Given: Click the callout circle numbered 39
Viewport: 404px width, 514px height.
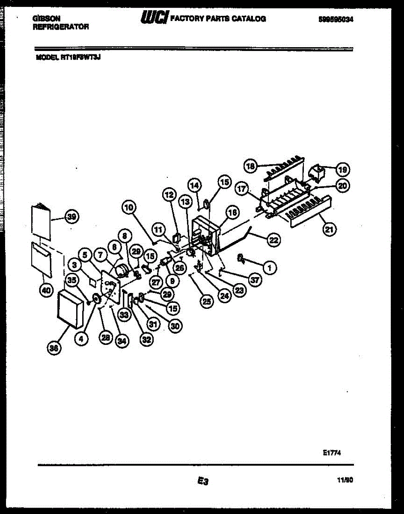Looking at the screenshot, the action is (x=71, y=217).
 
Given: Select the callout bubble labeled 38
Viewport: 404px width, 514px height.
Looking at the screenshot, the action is (x=54, y=348).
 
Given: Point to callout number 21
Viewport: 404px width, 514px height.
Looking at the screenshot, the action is (x=328, y=229).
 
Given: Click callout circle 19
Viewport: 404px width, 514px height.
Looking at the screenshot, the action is (x=342, y=169).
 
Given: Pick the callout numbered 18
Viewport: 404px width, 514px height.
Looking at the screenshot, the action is (x=250, y=165).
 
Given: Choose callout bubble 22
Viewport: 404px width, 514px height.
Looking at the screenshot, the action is (x=273, y=241).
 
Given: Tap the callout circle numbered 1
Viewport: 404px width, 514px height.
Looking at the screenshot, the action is (x=269, y=268).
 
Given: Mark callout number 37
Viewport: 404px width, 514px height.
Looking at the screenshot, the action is (x=255, y=280).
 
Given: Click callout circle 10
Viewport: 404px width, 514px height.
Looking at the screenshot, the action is (x=129, y=208).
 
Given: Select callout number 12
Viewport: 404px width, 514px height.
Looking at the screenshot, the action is (x=169, y=195).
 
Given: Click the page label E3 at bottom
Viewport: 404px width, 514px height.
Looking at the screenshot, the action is (x=202, y=481).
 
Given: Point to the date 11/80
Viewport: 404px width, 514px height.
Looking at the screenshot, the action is (x=345, y=481).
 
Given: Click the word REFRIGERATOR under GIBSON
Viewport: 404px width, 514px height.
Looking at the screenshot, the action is (x=61, y=27).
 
